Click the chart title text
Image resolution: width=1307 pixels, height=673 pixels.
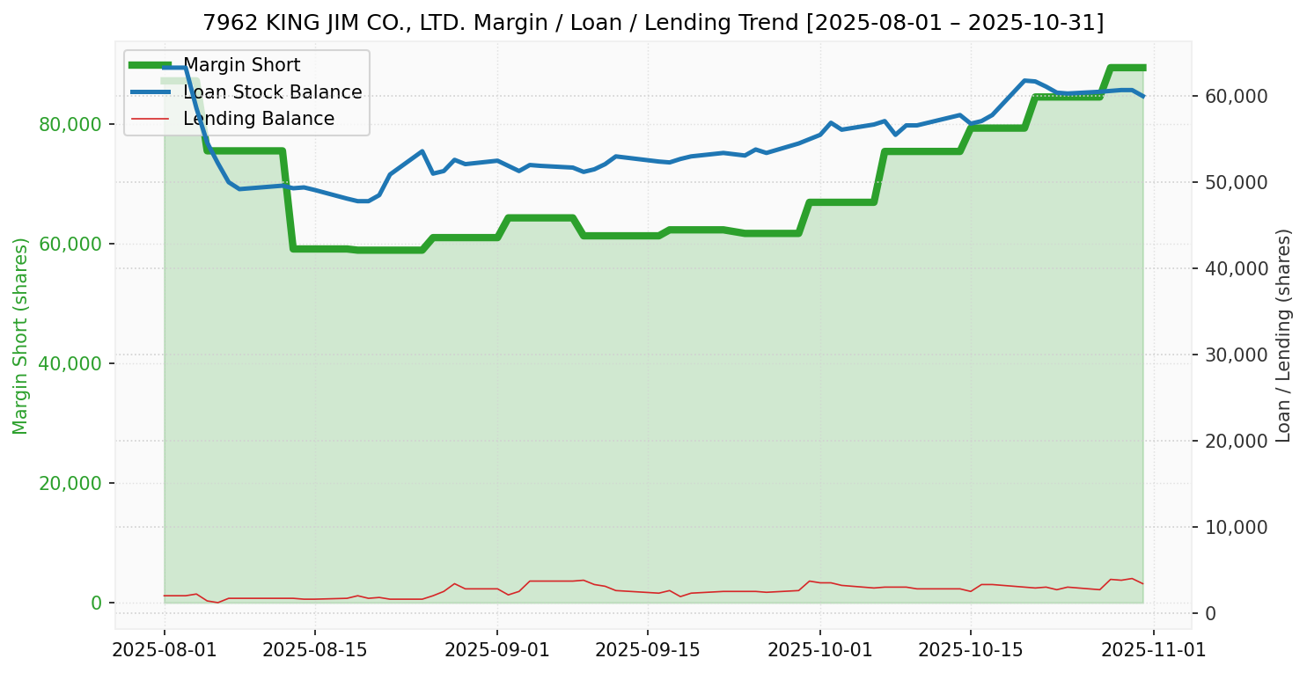coord(653,22)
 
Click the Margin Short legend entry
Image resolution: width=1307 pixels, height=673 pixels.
coord(241,65)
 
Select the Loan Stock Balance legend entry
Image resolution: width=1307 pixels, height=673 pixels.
coord(272,92)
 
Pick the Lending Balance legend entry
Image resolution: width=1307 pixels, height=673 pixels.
coord(258,119)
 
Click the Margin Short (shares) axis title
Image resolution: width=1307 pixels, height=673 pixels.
coord(20,335)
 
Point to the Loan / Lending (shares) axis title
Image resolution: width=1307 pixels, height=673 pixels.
coord(1283,335)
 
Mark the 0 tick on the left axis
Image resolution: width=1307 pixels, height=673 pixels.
coord(97,603)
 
